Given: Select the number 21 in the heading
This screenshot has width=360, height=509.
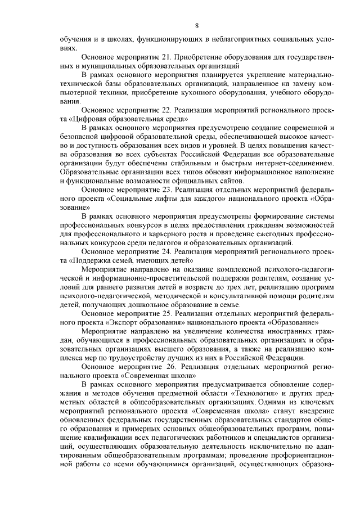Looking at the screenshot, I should click(x=166, y=58).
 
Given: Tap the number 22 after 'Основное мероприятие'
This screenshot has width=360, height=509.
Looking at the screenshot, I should click(x=166, y=110).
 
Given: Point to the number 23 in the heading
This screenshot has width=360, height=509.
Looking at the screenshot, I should click(x=166, y=191).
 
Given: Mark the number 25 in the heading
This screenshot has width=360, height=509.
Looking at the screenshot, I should click(x=166, y=312).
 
